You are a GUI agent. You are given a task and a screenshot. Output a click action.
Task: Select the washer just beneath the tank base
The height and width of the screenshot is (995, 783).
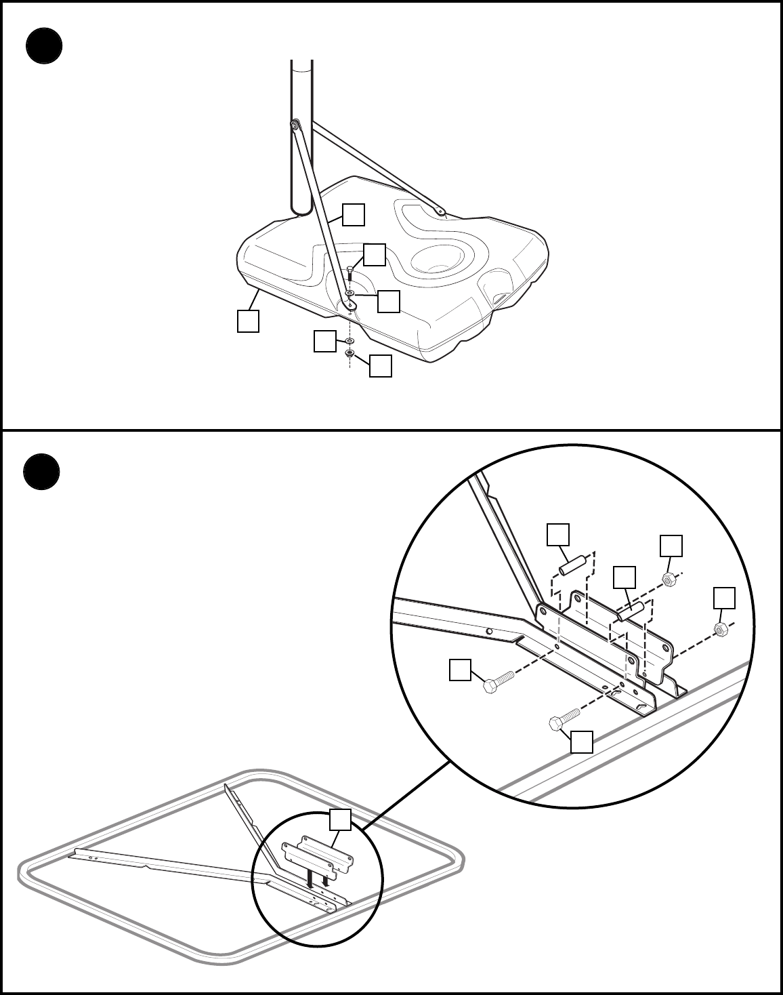(x=350, y=339)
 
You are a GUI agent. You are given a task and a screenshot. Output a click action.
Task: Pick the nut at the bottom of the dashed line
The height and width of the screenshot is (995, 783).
(x=350, y=354)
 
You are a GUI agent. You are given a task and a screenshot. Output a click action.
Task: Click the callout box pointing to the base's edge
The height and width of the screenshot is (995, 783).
(x=248, y=321)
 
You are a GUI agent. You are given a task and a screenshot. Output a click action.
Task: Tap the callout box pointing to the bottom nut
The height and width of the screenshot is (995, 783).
(x=380, y=366)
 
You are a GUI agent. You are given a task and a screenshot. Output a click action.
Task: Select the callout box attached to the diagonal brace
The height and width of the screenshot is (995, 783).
(x=353, y=215)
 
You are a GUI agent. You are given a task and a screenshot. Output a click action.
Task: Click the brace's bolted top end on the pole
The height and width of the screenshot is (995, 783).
(x=295, y=125)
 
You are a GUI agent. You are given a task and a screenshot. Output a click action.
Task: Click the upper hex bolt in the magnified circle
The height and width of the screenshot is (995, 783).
(x=498, y=681)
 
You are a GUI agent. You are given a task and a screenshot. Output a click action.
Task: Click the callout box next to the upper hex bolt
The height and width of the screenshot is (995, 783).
(x=461, y=670)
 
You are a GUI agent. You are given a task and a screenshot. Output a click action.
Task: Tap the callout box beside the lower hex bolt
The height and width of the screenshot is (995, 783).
(x=582, y=742)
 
